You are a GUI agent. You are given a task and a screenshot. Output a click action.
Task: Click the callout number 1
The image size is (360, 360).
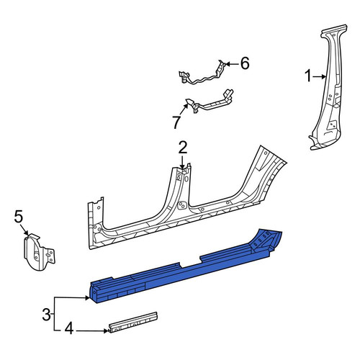[x=308, y=76]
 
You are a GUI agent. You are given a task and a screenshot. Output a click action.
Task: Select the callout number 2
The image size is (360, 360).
[x=182, y=148]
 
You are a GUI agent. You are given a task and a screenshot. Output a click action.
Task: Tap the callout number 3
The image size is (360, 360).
[x=47, y=314]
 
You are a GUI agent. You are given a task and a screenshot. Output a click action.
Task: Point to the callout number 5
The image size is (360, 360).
[x=19, y=216]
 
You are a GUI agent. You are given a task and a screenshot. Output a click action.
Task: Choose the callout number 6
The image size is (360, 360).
[x=245, y=63]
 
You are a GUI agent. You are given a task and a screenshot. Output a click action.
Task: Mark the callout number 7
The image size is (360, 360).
[x=176, y=122]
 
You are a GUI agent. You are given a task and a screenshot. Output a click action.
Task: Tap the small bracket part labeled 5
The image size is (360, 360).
[x=38, y=252]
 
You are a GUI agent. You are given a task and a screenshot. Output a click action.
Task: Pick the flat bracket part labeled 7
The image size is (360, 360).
[x=209, y=102]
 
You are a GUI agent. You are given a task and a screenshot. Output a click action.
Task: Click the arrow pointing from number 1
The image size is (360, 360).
[x=319, y=77]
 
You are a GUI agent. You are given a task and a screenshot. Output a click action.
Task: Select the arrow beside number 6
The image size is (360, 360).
[x=232, y=64]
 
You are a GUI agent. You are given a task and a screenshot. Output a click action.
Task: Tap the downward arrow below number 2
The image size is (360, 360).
[x=182, y=162]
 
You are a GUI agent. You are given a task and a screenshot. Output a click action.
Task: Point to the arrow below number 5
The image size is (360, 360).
[x=24, y=229]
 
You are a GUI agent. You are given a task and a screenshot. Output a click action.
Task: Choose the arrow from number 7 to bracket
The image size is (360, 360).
[x=183, y=110]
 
